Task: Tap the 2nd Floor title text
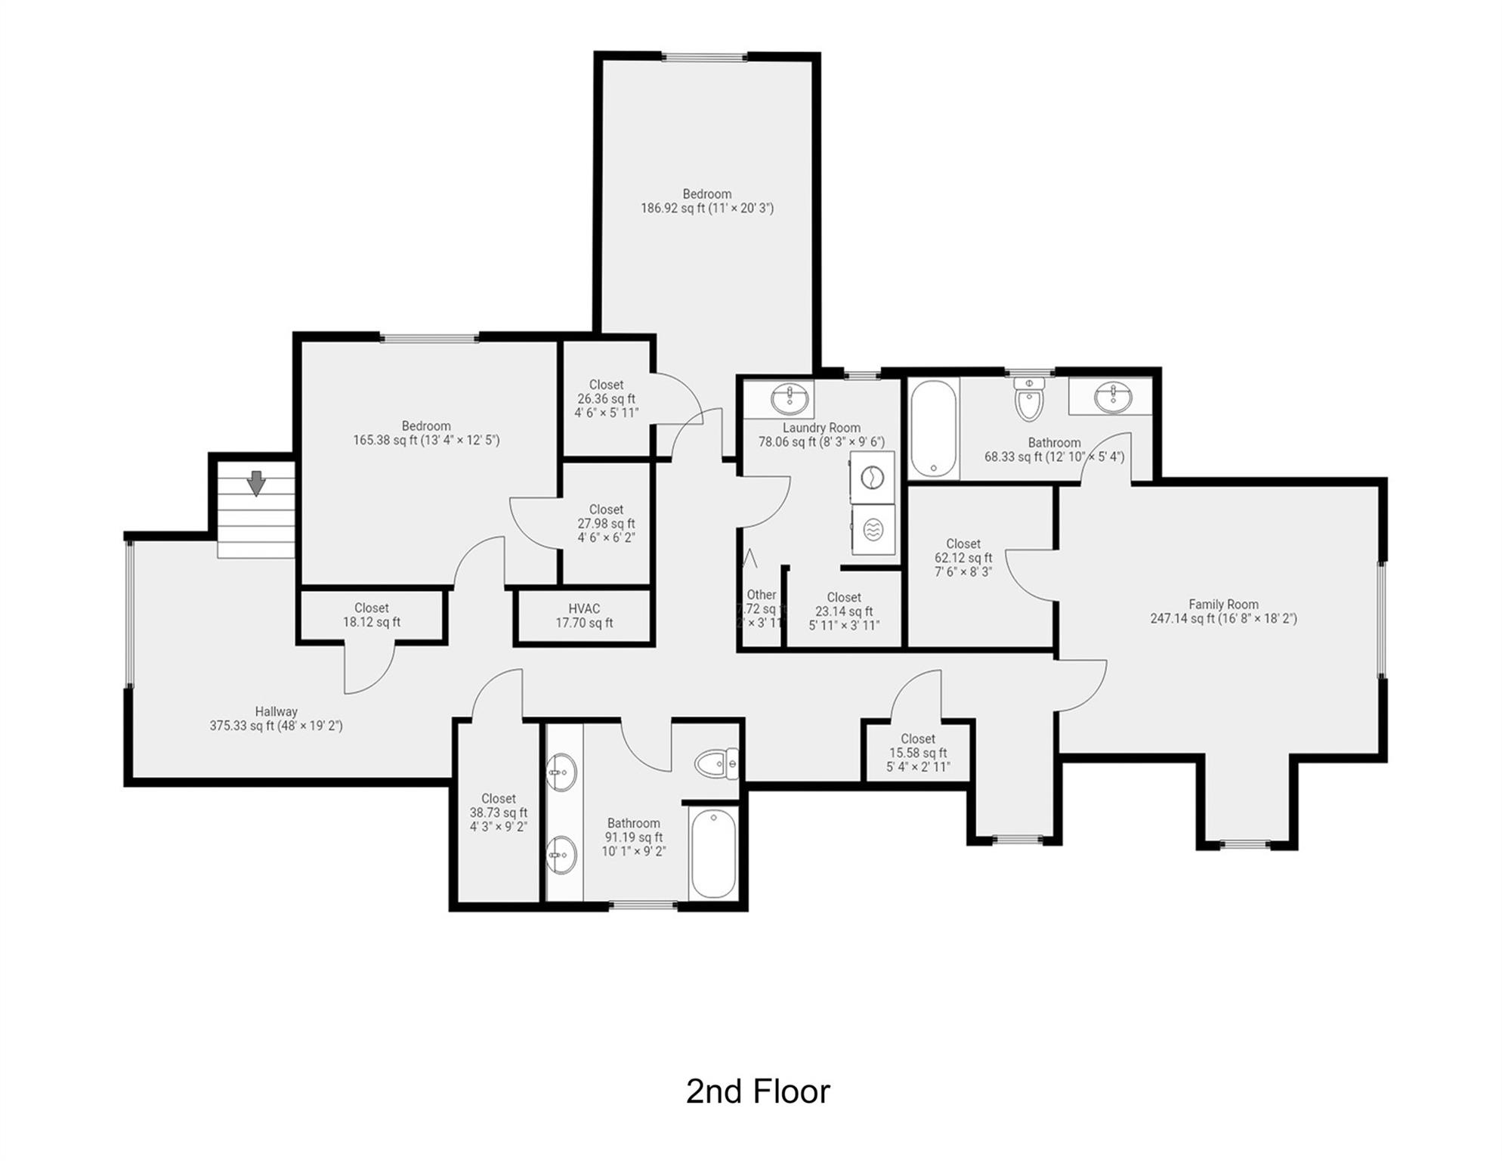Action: click(x=757, y=1091)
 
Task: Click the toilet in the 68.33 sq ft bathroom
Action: click(x=1028, y=400)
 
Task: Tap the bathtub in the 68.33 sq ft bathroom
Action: click(x=934, y=429)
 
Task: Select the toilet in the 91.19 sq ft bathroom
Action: click(x=715, y=764)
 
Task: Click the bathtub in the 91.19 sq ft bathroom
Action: click(x=712, y=853)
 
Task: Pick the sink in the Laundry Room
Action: click(x=790, y=398)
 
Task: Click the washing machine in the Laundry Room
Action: click(x=873, y=478)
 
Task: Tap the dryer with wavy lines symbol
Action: click(x=873, y=530)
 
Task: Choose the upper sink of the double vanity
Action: click(x=560, y=772)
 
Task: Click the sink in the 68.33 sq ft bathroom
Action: click(x=1111, y=398)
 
